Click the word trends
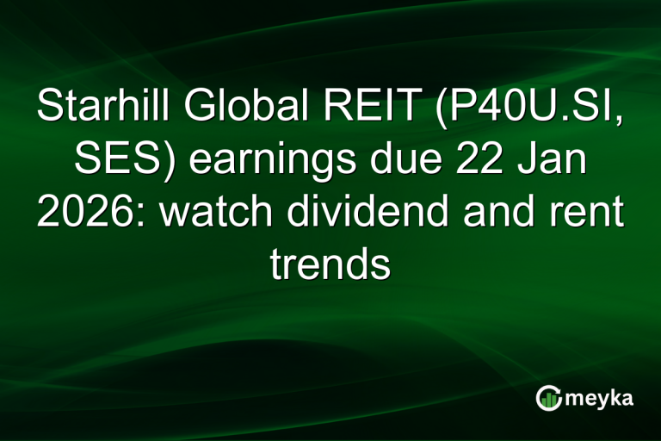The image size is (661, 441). (x=330, y=264)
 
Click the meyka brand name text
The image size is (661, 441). (x=600, y=398)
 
